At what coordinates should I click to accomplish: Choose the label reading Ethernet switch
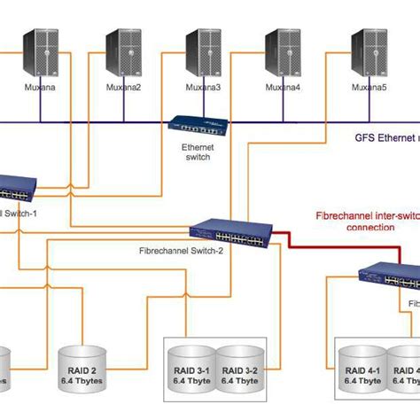click(198, 152)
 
